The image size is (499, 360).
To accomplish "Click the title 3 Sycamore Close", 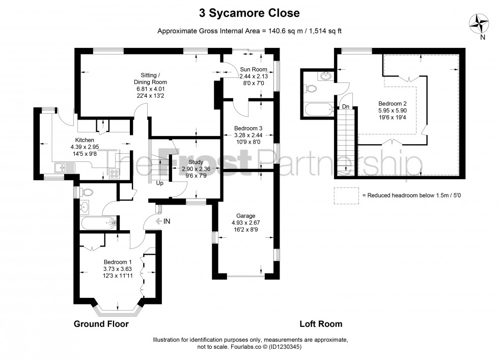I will pyautogui.click(x=249, y=12).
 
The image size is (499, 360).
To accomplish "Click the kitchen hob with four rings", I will pyautogui.click(x=114, y=174).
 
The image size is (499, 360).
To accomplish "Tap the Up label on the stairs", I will pyautogui.click(x=159, y=183).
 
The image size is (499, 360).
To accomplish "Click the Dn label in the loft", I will pyautogui.click(x=345, y=106).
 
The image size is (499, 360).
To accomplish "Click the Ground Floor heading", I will pyautogui.click(x=101, y=324).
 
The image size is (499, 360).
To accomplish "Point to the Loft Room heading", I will pyautogui.click(x=320, y=324).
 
